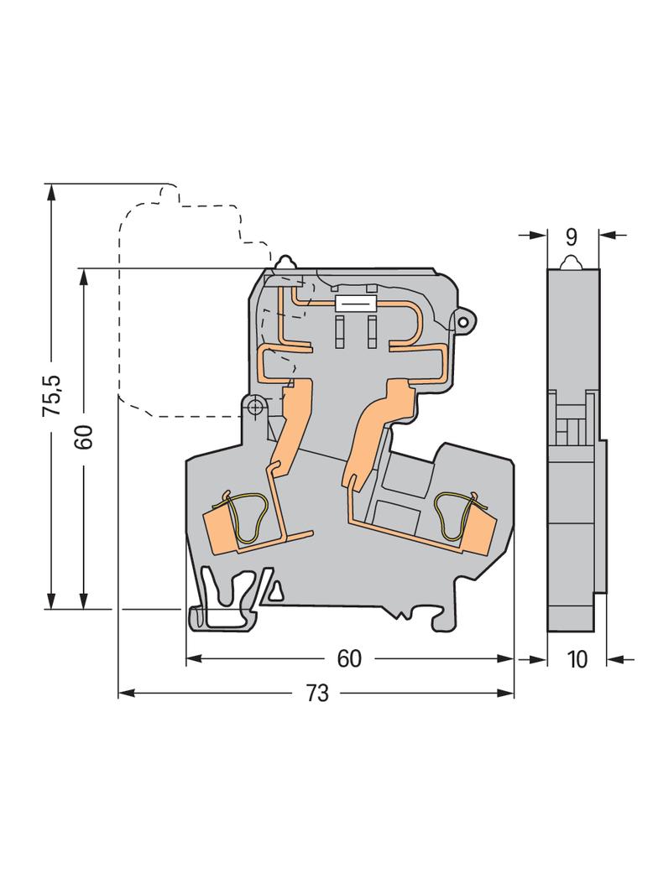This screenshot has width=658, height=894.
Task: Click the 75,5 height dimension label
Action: tap(53, 395)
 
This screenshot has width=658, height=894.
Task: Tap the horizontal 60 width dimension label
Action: tap(349, 658)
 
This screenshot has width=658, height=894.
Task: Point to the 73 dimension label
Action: tap(317, 694)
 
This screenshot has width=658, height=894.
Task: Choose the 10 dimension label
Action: tap(578, 660)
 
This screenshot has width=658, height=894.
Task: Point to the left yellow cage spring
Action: tap(247, 517)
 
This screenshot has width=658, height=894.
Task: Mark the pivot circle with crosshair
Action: tap(254, 407)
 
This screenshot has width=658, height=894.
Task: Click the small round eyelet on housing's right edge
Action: tap(463, 323)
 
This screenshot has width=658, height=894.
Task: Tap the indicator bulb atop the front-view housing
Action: tap(285, 262)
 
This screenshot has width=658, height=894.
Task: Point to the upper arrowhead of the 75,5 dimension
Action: tap(51, 191)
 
